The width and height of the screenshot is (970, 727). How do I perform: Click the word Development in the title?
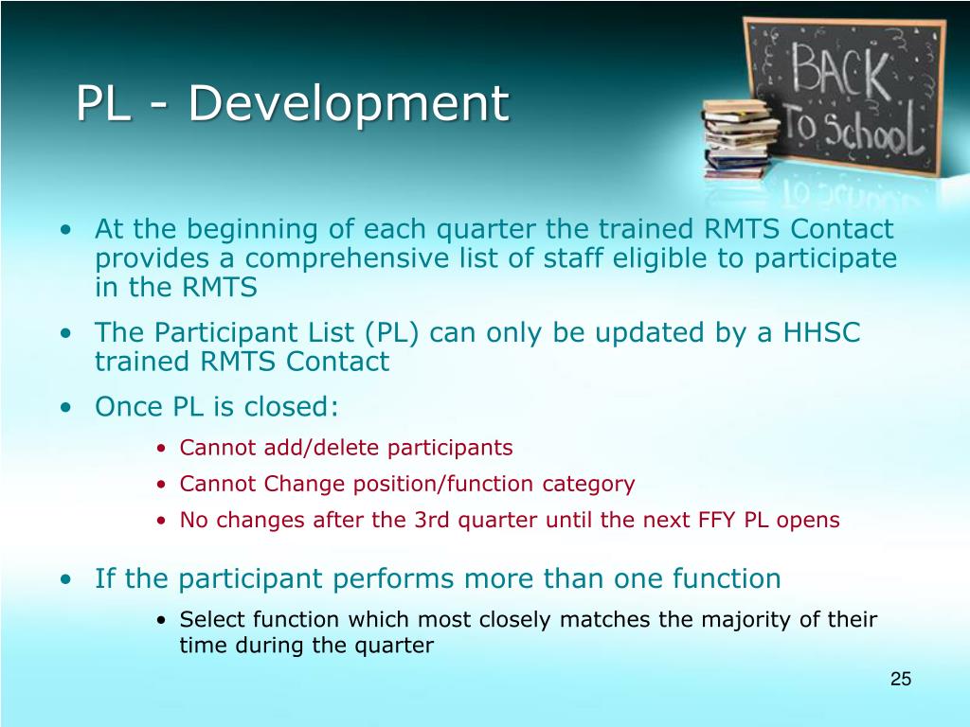348,104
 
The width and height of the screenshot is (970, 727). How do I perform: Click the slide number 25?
900,679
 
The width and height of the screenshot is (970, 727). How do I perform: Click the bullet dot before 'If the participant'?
65,579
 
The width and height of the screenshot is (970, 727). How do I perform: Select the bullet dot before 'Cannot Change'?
162,485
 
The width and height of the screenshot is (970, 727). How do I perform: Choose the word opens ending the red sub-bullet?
812,520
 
